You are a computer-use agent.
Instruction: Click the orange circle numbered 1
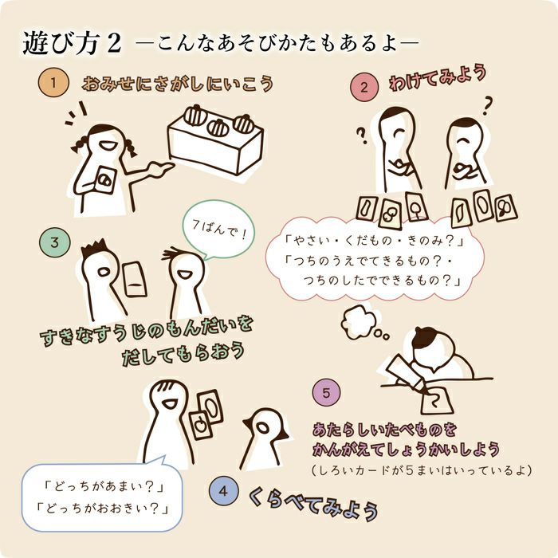click(x=53, y=83)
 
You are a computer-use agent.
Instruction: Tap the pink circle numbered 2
click(x=363, y=87)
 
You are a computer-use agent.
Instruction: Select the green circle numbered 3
click(x=55, y=242)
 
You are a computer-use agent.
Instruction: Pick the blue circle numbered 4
click(x=223, y=491)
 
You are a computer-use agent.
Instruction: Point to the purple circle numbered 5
click(x=326, y=393)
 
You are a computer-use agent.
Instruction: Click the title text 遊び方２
click(x=73, y=43)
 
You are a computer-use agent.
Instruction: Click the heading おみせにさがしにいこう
click(x=178, y=84)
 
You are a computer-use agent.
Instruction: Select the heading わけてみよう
click(x=438, y=78)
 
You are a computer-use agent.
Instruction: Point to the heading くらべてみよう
click(x=313, y=502)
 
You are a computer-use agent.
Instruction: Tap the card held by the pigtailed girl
click(x=106, y=179)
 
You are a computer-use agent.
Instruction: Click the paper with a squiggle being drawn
click(x=437, y=402)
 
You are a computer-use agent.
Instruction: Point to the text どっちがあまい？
click(x=103, y=486)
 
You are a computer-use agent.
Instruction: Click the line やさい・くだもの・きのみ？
click(x=375, y=241)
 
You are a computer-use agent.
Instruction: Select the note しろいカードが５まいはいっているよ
click(x=422, y=470)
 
